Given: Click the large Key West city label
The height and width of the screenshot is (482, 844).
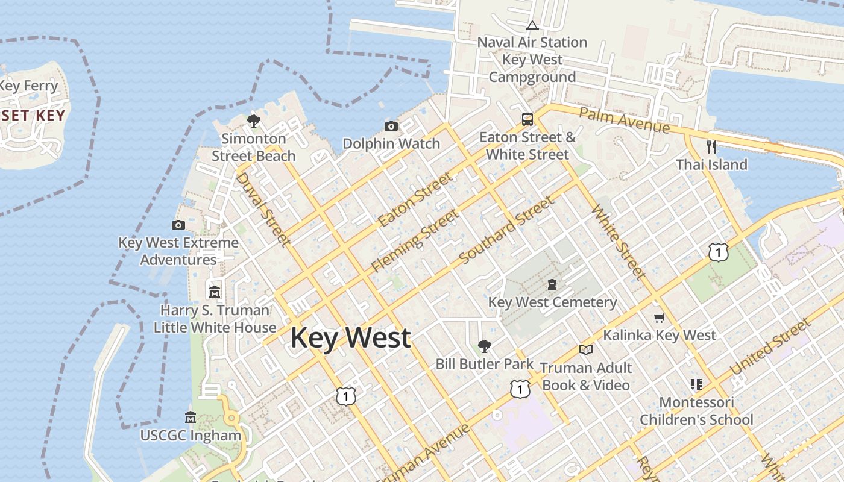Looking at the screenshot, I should click(x=351, y=337).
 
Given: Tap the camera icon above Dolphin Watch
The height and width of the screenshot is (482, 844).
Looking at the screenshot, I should click(x=391, y=126).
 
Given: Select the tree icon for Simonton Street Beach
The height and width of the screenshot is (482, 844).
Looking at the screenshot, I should click(x=254, y=120).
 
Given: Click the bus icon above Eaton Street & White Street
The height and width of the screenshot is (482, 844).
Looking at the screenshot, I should click(x=527, y=119).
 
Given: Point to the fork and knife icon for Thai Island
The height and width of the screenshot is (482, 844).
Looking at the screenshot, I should click(x=711, y=146).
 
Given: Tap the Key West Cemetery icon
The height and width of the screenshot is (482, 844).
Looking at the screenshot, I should click(x=552, y=284).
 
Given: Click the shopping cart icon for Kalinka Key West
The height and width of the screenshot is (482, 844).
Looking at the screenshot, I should click(x=659, y=318).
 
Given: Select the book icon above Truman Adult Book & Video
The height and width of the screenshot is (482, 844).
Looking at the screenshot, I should click(x=585, y=349).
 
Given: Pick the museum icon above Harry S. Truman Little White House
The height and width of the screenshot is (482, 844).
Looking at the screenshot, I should click(x=215, y=292).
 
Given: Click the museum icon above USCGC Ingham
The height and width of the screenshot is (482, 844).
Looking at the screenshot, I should click(x=191, y=417).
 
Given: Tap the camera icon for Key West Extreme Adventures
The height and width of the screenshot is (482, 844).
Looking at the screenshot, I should click(x=178, y=225).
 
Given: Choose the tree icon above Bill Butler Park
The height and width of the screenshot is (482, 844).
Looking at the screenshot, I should click(x=484, y=346).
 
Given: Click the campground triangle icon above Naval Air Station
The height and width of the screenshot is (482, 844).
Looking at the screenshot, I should click(x=532, y=25).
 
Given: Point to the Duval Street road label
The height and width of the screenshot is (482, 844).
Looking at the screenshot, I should click(x=262, y=209).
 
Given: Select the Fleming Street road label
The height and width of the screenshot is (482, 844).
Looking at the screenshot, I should click(x=415, y=239).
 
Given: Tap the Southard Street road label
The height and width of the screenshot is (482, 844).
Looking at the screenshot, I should click(x=506, y=230).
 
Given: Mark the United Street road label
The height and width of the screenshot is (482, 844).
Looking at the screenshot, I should click(x=770, y=347).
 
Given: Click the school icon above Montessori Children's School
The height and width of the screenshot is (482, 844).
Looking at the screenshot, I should click(x=696, y=384).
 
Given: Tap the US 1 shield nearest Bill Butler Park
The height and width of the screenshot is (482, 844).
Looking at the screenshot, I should click(x=520, y=389).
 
